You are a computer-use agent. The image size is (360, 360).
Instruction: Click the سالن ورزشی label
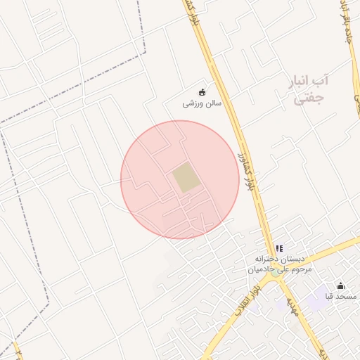(x=202, y=103)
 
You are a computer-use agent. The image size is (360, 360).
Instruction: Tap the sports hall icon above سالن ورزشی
(x=202, y=91)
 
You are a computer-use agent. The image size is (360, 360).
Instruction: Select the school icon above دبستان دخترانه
(x=279, y=248)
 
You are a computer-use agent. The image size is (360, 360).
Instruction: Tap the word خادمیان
(x=259, y=269)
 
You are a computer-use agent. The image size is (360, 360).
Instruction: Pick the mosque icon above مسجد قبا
(x=341, y=285)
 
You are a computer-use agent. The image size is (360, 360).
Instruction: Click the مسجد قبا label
(x=340, y=297)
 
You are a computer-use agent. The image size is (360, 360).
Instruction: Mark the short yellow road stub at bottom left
(x=16, y=350)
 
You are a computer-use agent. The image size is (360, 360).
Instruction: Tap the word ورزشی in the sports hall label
(x=191, y=103)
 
